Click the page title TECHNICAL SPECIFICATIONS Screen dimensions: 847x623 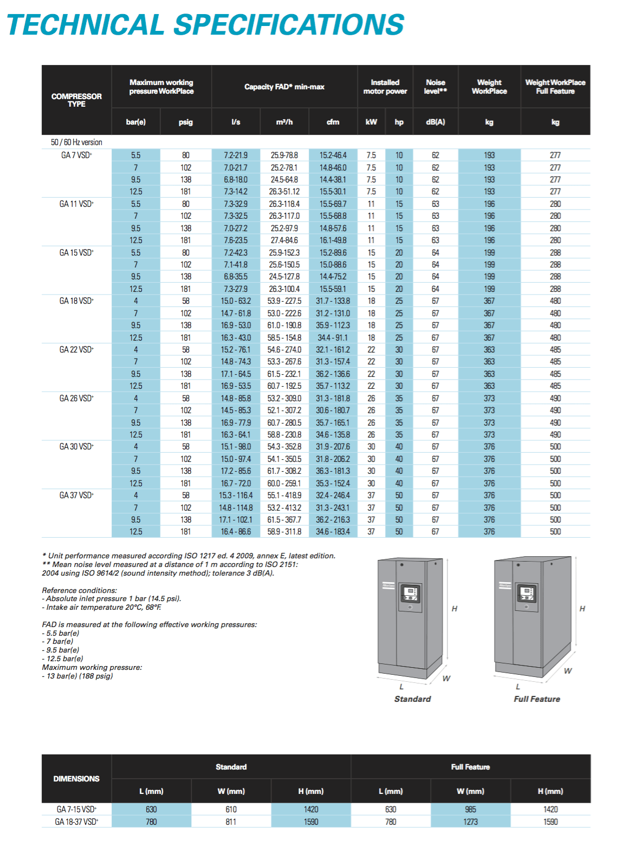(205, 25)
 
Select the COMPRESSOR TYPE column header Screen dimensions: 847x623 (76, 100)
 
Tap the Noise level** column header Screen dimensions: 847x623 (435, 87)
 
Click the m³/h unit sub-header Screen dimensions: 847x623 (284, 122)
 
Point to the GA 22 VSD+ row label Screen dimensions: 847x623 (76, 350)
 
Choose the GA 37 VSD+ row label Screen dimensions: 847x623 (76, 496)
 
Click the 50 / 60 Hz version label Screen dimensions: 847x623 (76, 142)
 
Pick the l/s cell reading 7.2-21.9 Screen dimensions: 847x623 (236, 155)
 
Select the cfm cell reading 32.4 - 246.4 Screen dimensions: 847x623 (333, 496)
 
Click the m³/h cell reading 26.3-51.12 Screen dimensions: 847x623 (284, 192)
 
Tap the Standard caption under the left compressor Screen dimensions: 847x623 (412, 699)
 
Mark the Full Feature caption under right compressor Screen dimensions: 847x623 (537, 699)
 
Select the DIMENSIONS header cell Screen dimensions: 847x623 (76, 779)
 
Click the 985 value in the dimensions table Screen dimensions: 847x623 (470, 810)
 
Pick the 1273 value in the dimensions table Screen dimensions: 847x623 (470, 822)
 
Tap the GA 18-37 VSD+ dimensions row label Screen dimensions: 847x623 (76, 822)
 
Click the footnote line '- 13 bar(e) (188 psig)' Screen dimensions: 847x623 (77, 676)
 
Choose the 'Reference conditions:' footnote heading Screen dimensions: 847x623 (79, 590)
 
